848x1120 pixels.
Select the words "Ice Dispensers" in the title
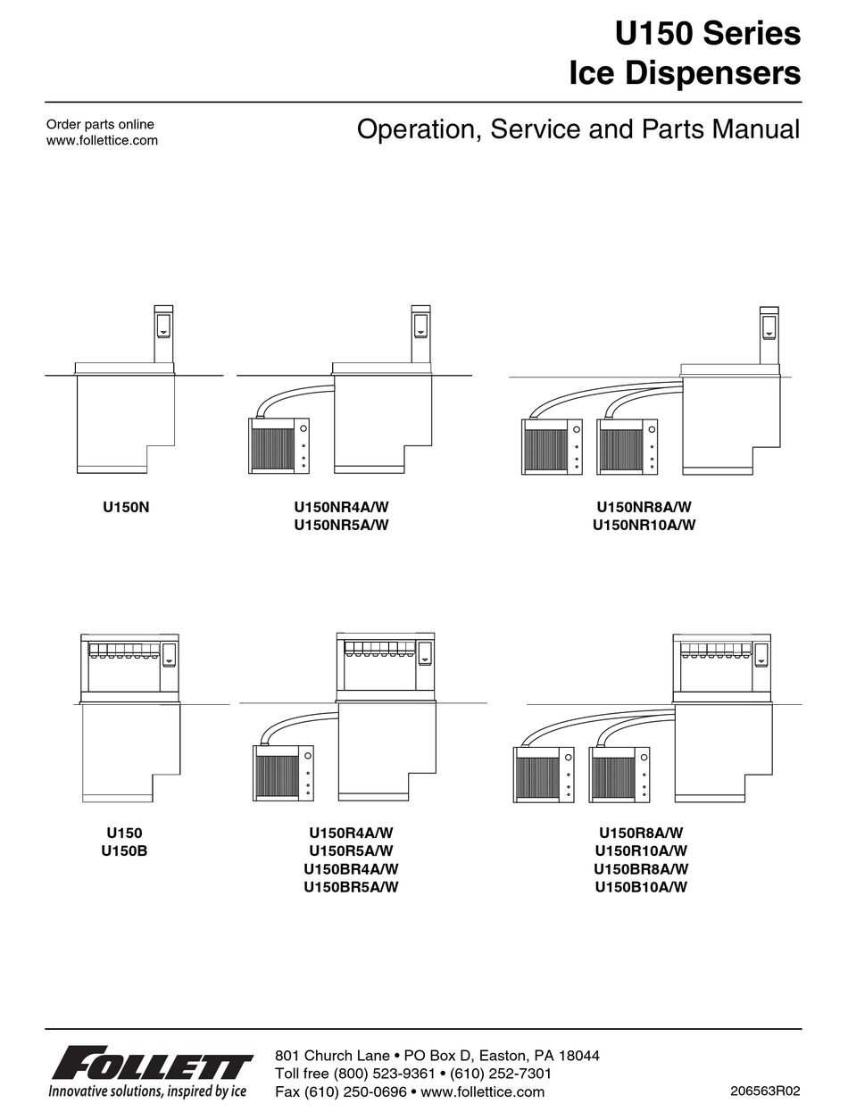(685, 75)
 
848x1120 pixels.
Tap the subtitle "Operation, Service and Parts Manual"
(578, 129)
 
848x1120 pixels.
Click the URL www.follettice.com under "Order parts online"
(102, 140)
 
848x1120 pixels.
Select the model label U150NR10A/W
(644, 526)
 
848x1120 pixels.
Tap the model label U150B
(124, 851)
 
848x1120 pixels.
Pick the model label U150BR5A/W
(351, 887)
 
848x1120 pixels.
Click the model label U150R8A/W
(641, 834)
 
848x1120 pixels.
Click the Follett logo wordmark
(152, 1066)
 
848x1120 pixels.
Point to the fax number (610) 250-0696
(355, 1091)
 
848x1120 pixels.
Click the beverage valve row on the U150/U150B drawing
(124, 651)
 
